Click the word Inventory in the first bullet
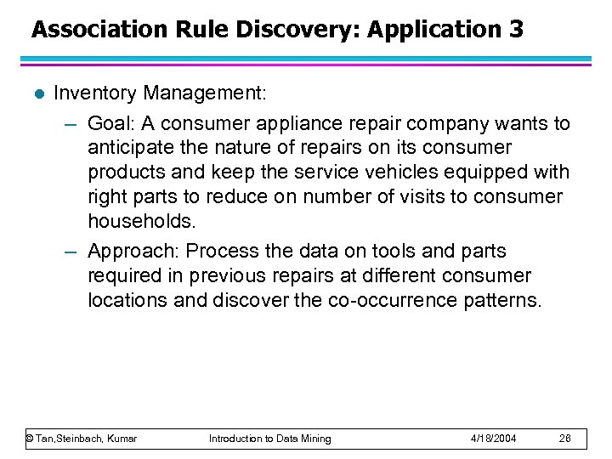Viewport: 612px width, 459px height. coord(95,93)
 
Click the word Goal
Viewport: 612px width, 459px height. coord(110,124)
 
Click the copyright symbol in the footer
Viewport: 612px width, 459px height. coord(30,439)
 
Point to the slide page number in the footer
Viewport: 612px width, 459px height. coord(565,439)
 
